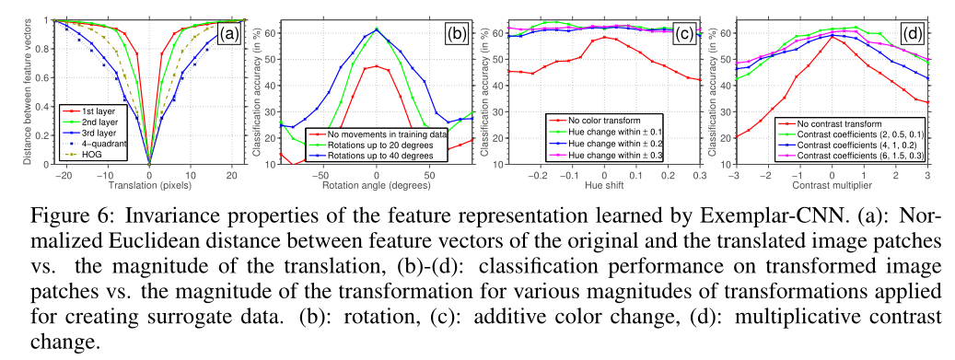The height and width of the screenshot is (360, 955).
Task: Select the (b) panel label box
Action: [455, 35]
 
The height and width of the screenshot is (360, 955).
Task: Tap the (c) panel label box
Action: [683, 35]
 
